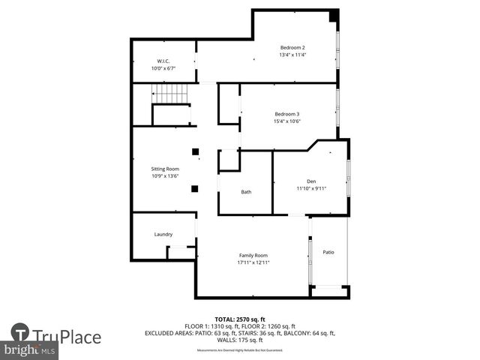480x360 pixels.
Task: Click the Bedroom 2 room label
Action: (x=292, y=46)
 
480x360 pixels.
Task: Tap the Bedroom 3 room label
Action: (x=286, y=114)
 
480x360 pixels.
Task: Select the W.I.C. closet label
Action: (x=163, y=61)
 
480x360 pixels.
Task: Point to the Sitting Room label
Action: (x=166, y=169)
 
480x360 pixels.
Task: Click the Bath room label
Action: (x=246, y=192)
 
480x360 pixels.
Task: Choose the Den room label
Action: (x=310, y=181)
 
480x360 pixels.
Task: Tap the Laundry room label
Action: (x=163, y=234)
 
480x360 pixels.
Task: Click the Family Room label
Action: (x=253, y=256)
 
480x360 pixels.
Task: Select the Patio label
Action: (x=328, y=252)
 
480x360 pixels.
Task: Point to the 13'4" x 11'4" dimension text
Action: (x=292, y=54)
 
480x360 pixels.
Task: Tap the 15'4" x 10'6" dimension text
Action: (x=286, y=121)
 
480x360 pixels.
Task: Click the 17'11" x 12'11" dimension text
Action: (x=253, y=262)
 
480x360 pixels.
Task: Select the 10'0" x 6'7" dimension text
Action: (x=163, y=68)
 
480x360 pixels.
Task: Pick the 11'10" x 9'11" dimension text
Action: (x=311, y=188)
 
